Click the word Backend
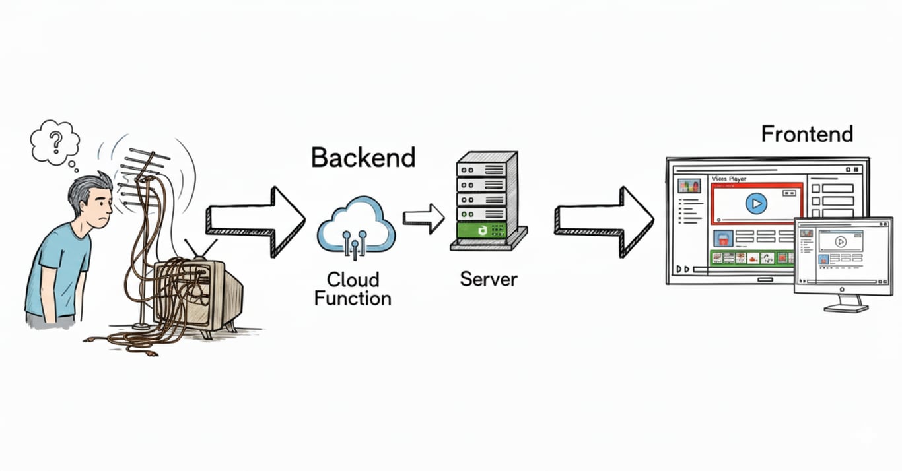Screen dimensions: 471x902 click(x=363, y=158)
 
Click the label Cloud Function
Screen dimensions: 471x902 click(x=353, y=288)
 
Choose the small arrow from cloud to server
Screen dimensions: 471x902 click(x=423, y=218)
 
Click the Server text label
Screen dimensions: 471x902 click(x=489, y=279)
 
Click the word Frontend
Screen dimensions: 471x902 click(x=807, y=134)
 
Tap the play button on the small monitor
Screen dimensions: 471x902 click(x=841, y=242)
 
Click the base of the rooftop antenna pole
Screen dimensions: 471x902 click(x=141, y=325)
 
